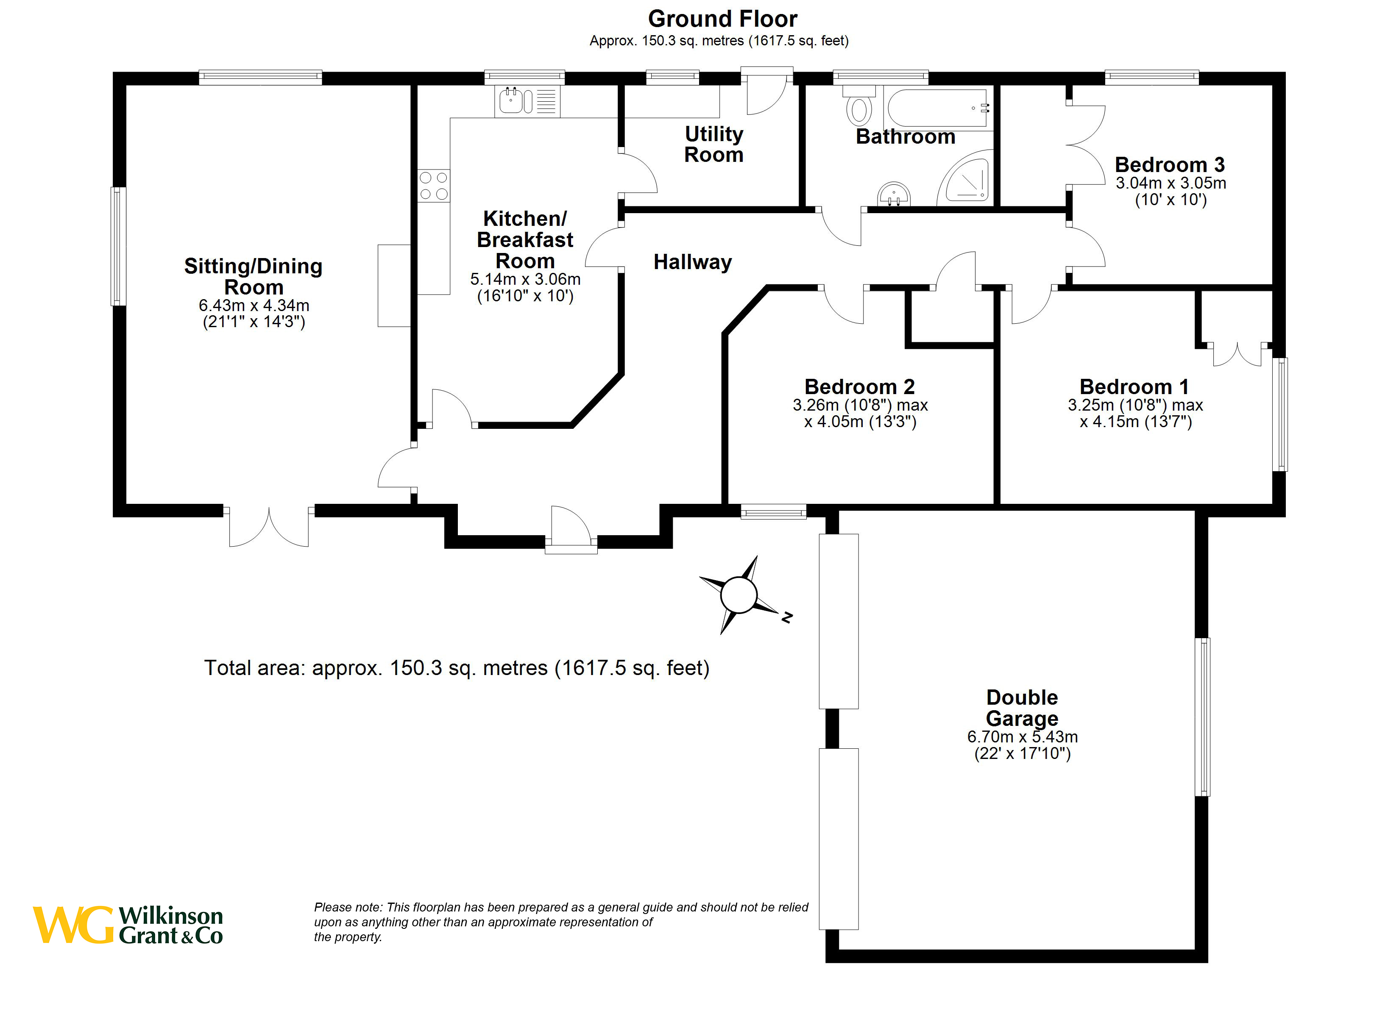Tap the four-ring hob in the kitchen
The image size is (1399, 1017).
434,186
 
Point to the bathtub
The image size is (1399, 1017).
938,108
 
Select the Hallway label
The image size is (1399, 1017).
693,262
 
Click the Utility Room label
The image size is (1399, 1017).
714,144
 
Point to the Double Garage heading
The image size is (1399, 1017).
1022,708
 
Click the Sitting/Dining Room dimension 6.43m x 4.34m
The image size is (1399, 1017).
254,305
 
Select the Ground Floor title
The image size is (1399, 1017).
722,19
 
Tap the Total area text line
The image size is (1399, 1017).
457,668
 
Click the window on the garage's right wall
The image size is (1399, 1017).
1202,717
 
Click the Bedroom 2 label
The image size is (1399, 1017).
860,387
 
